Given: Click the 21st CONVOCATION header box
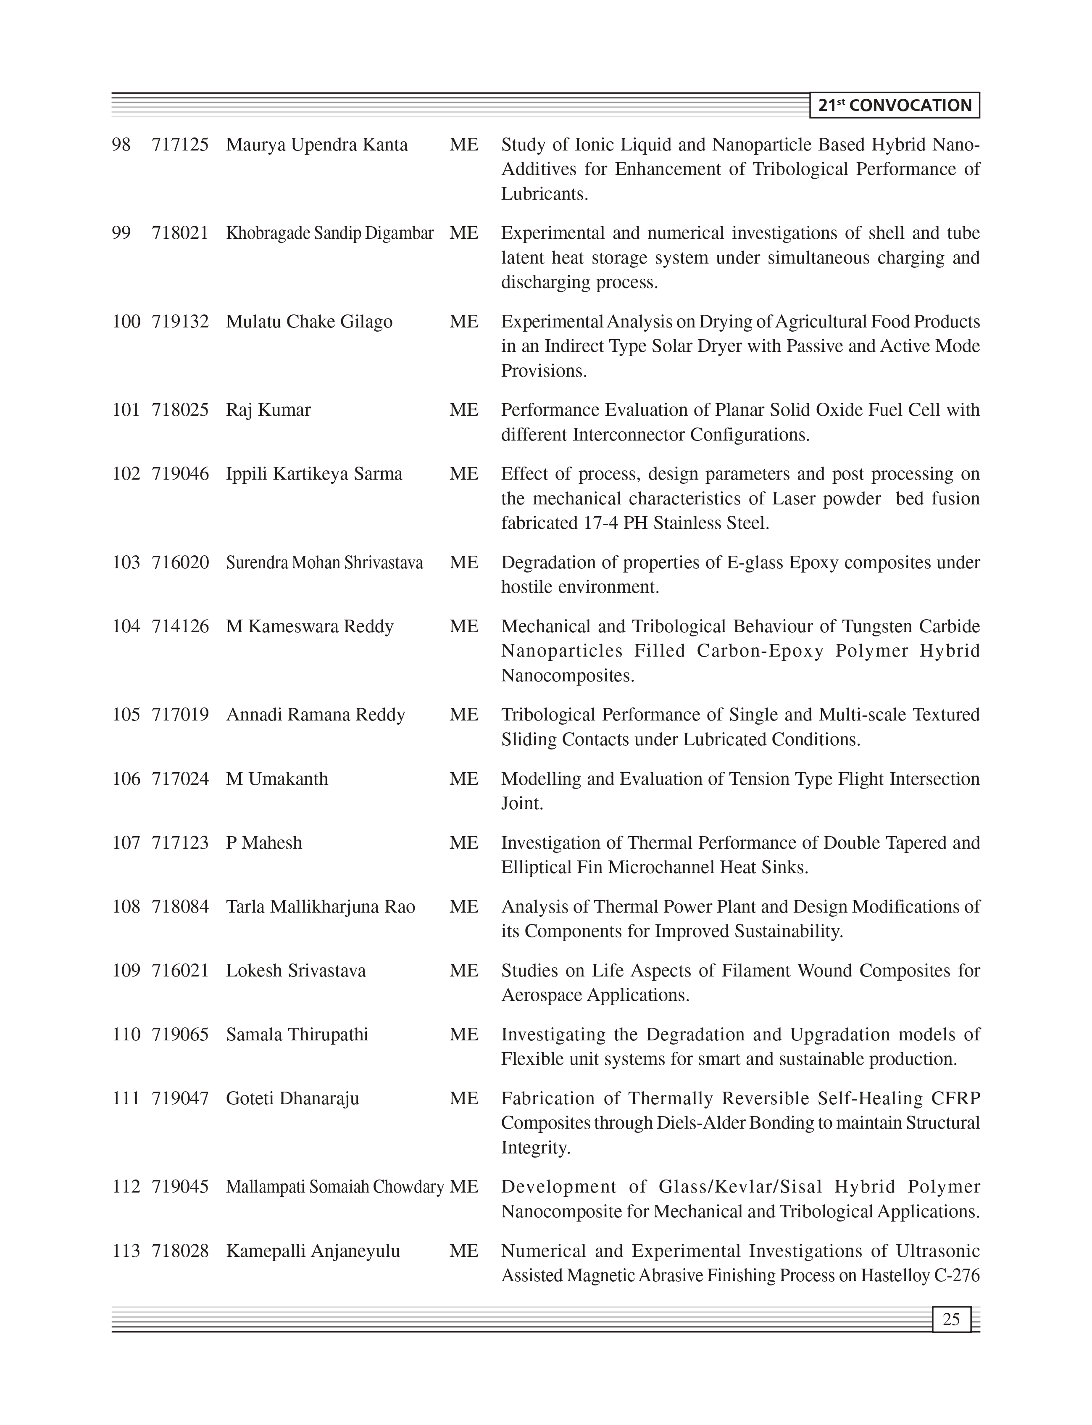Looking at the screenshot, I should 895,106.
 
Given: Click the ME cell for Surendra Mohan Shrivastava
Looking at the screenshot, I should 463,562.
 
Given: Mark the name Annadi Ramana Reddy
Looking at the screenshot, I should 315,714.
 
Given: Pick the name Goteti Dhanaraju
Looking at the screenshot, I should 292,1098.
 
